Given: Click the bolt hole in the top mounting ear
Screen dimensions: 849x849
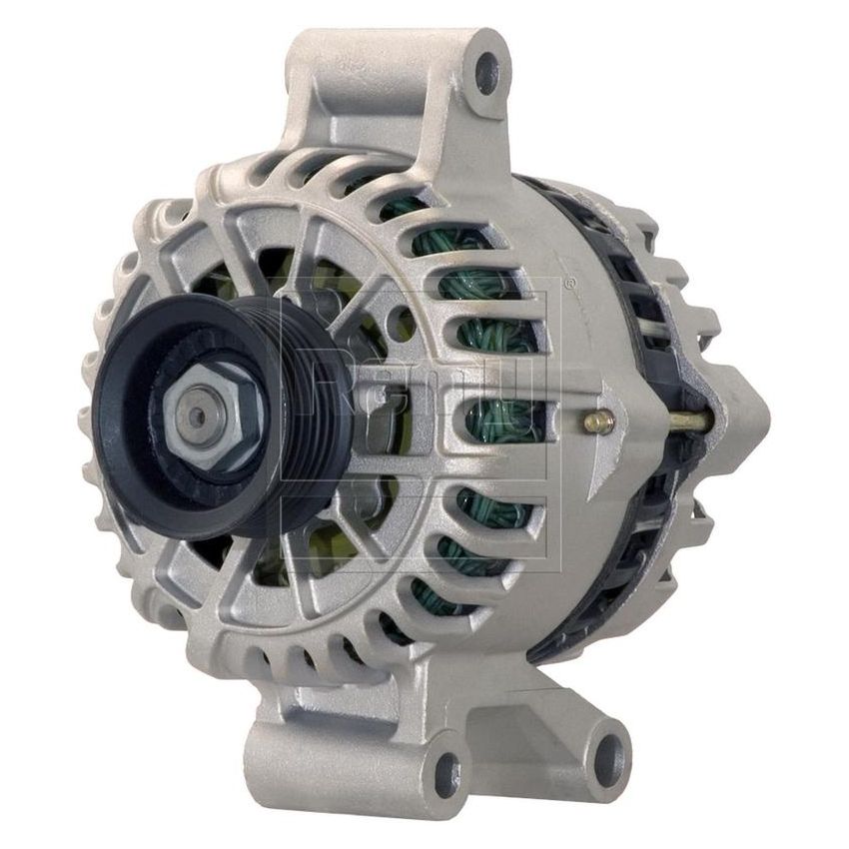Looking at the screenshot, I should (x=487, y=72).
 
